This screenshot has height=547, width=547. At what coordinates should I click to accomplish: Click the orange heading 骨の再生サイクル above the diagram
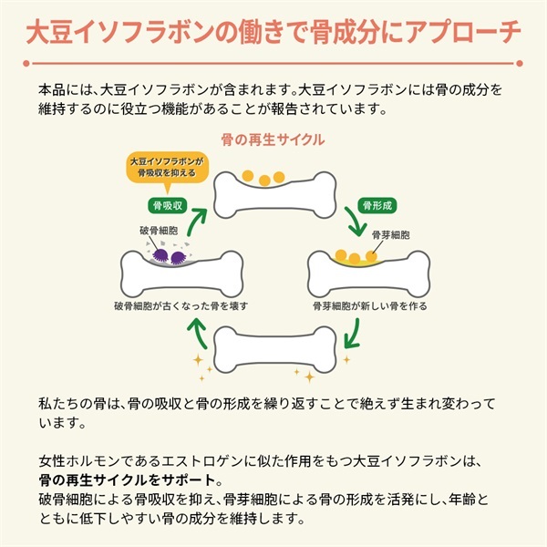click(273, 139)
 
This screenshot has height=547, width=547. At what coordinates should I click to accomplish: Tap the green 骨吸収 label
click(166, 205)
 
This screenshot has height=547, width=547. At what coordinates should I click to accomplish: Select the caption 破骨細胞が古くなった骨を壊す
click(181, 305)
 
